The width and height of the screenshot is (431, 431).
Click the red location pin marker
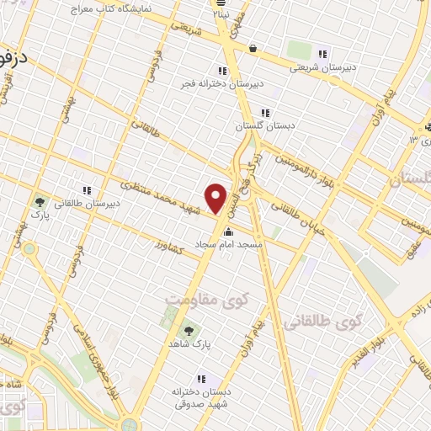216,198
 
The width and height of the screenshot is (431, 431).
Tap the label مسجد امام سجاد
229,243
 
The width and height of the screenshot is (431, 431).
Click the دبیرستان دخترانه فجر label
223,85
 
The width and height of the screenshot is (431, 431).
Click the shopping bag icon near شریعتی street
253,49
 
